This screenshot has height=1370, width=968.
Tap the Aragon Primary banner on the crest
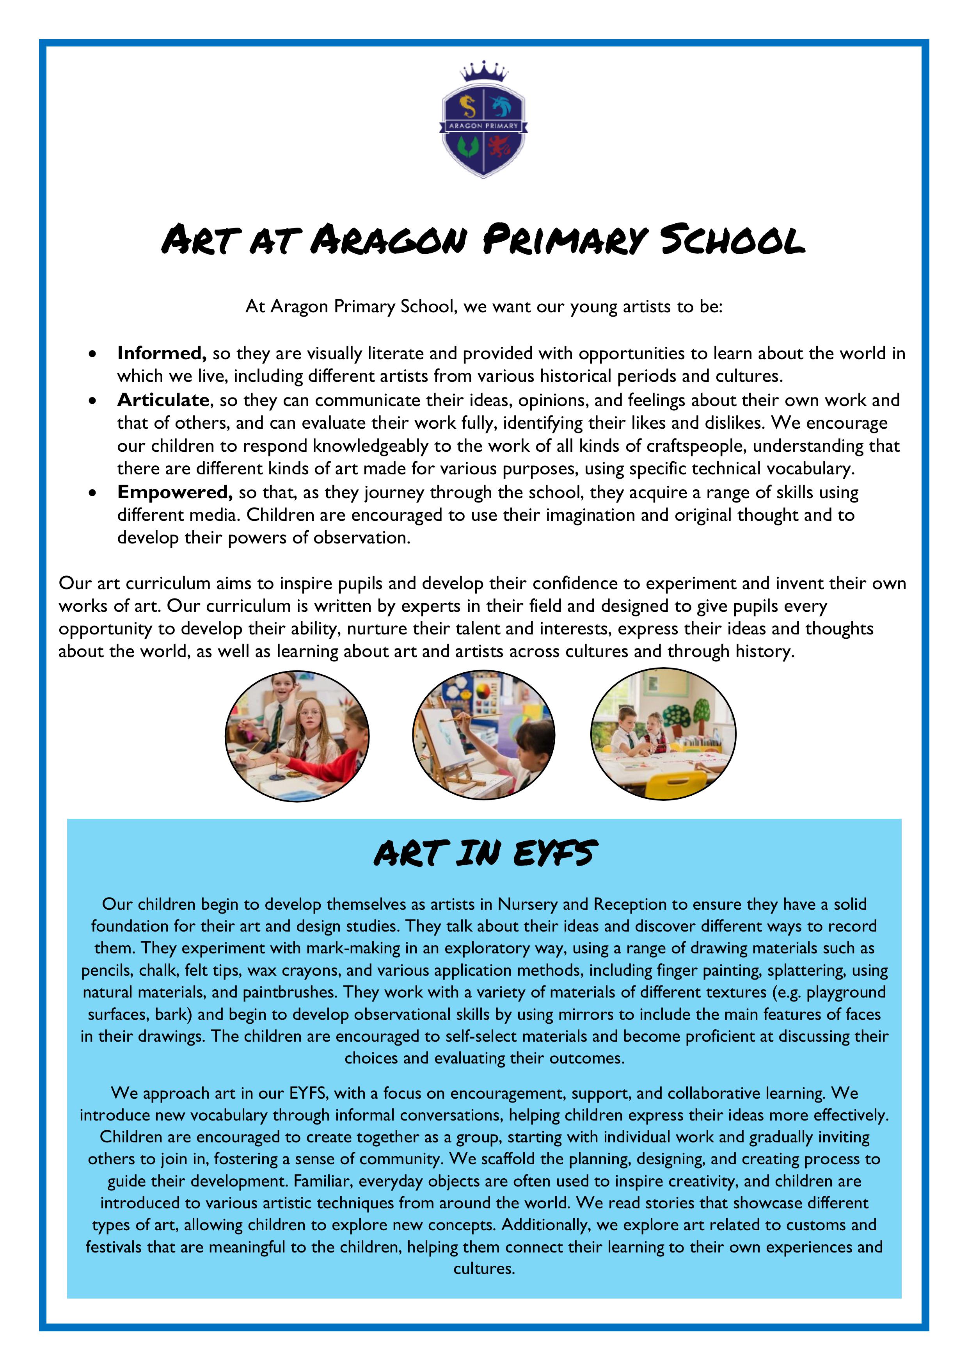[484, 126]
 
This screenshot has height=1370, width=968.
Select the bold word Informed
[161, 353]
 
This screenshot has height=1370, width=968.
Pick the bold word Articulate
[163, 400]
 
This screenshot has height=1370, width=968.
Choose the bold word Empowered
[174, 492]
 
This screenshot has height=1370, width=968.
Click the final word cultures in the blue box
[484, 1268]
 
